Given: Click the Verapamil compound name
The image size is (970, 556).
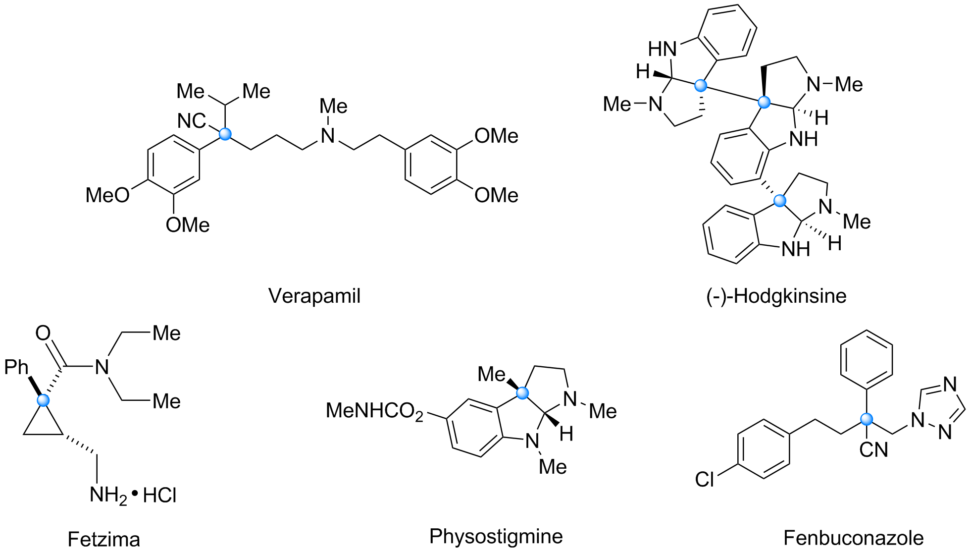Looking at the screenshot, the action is [314, 296].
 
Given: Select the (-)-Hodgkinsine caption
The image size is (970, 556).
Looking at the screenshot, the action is [776, 296].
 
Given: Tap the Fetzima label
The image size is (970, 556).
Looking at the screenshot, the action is [104, 539].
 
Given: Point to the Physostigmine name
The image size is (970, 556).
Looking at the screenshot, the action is [496, 537].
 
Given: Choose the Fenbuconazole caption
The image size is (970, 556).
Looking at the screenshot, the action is [854, 538].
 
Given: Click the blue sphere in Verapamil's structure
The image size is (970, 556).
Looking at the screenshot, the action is [225, 134].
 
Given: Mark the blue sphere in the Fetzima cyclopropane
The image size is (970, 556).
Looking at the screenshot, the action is [44, 400].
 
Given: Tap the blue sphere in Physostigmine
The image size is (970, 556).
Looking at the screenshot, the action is [522, 393].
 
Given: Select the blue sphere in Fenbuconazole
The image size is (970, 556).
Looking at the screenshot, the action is [867, 419].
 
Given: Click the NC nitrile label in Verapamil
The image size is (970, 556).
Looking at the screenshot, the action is [192, 121].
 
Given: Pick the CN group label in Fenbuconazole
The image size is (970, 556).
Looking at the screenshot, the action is [874, 450].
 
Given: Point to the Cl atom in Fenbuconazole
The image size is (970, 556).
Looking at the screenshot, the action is [705, 479].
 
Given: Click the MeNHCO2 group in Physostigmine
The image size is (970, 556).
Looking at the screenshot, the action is [375, 411].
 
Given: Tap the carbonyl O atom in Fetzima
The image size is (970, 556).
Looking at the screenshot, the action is [43, 333].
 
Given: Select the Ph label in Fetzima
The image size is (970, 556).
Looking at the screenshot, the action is [16, 367].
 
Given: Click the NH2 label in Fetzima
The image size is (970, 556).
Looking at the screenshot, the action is [108, 496].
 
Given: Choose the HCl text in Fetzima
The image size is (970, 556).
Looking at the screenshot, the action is [159, 496].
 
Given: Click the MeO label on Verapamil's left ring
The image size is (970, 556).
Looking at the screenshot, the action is [107, 195].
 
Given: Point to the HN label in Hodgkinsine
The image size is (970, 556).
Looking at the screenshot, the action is [663, 49].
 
